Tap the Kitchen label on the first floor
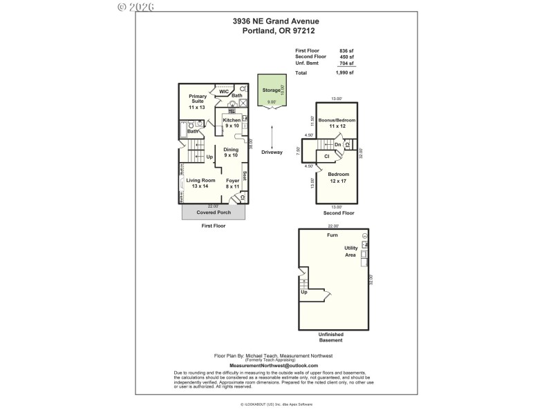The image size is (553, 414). [232, 121]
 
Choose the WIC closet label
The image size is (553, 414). [223, 91]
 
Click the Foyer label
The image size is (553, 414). [232, 180]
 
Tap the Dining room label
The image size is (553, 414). [231, 150]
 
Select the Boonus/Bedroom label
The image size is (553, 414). [337, 121]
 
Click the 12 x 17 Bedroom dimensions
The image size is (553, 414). [339, 181]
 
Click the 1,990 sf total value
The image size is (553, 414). [344, 72]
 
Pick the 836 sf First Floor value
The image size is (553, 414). [346, 50]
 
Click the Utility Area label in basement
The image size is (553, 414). [351, 251]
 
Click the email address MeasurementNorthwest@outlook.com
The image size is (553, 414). [274, 365]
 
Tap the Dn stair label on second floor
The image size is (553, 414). [338, 145]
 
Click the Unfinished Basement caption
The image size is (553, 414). [330, 337]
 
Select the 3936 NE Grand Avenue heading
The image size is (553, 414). [276, 21]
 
